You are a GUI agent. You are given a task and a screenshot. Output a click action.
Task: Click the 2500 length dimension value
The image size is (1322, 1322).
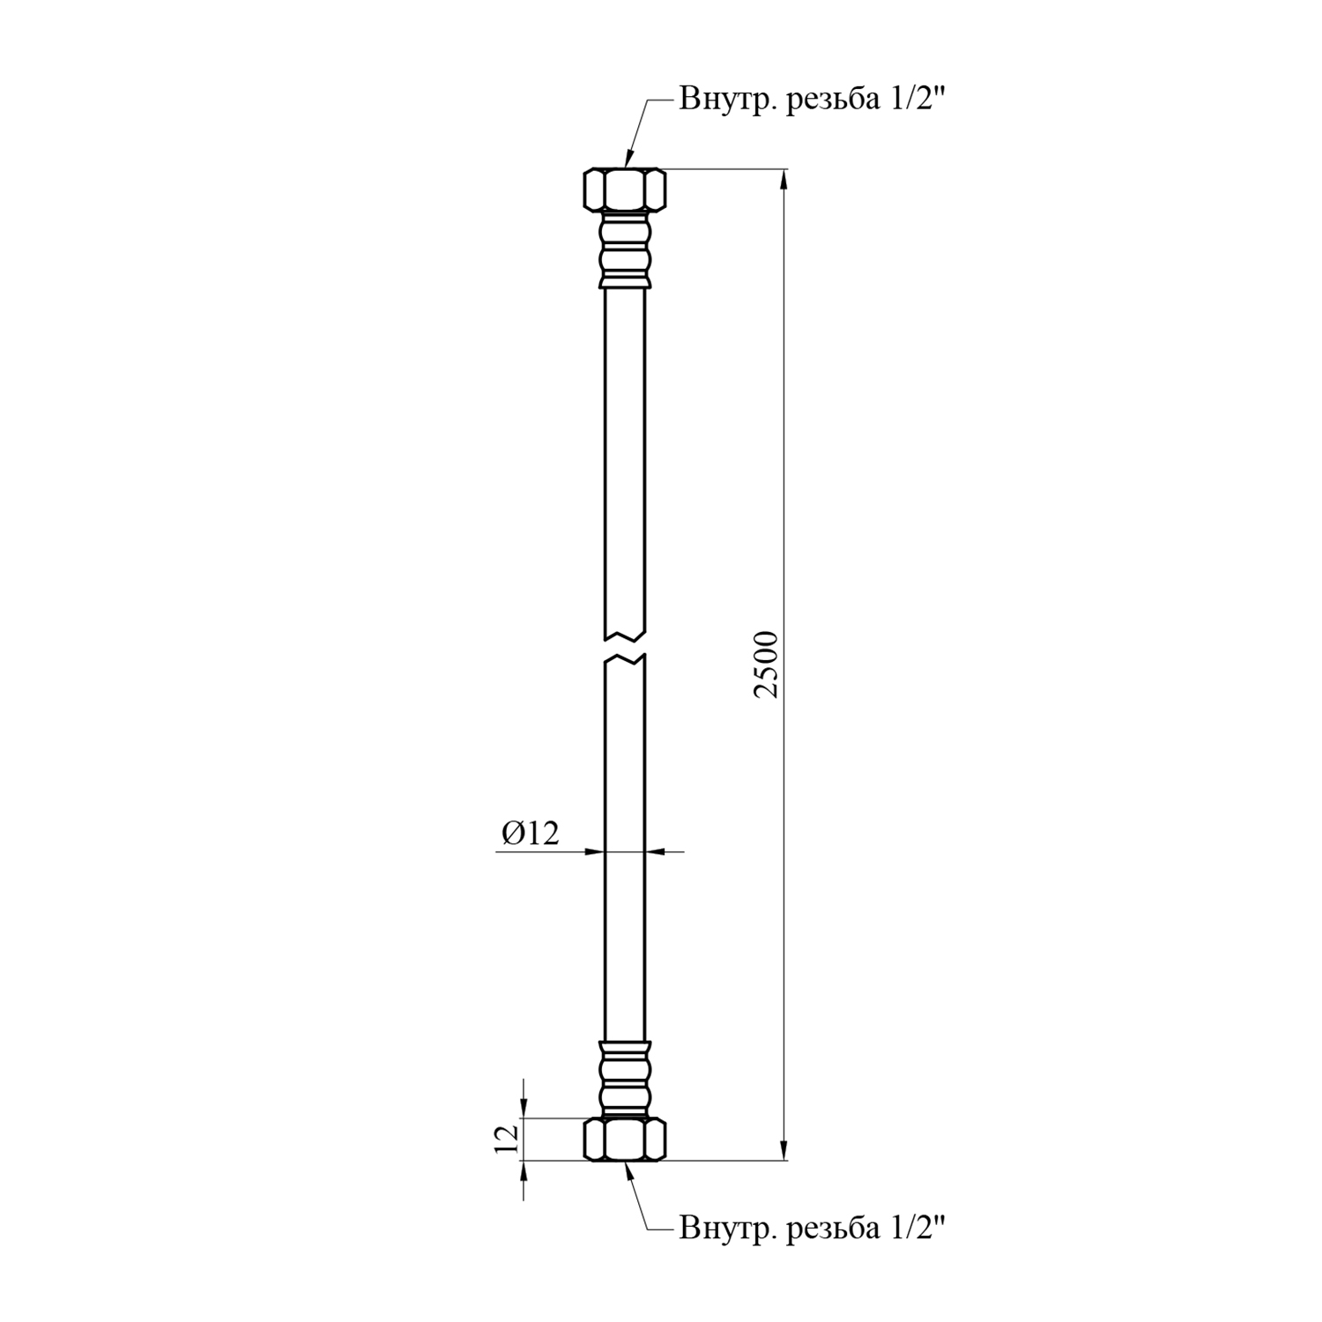pos(768,665)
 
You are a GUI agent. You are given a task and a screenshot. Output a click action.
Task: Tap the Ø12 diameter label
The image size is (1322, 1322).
pos(531,833)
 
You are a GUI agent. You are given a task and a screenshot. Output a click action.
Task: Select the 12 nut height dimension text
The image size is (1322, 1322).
pos(506,1140)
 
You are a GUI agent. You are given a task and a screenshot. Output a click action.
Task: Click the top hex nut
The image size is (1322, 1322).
pos(625,189)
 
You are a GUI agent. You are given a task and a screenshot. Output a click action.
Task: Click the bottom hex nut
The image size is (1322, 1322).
pos(625,1140)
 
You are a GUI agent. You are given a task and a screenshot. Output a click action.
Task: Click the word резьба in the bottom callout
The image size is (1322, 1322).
pos(831,1228)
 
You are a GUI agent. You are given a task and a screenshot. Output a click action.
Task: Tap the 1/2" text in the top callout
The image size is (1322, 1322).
pos(916,100)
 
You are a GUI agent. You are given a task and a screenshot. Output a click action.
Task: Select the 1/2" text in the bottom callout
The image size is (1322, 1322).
pos(916,1227)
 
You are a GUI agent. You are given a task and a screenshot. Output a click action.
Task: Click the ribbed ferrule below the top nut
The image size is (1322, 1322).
pos(625,250)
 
